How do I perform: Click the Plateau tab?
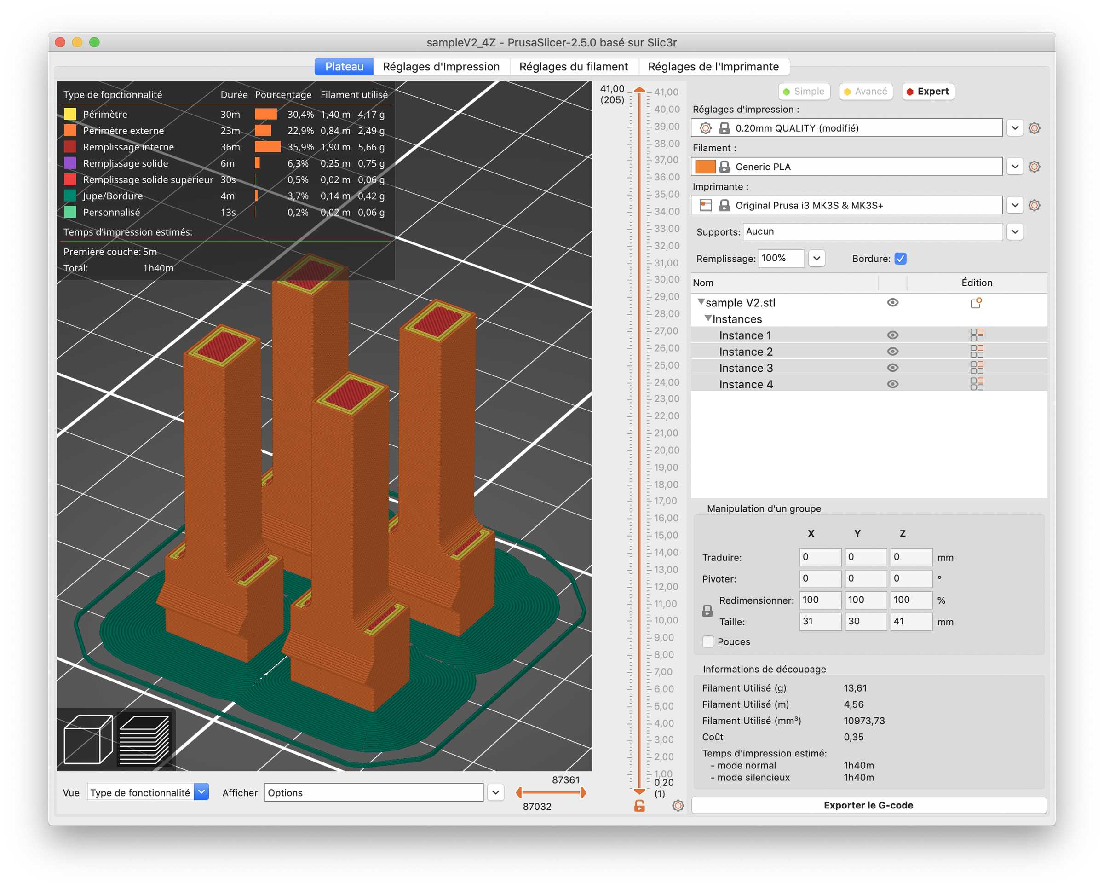pos(344,67)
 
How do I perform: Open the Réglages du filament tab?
pos(573,67)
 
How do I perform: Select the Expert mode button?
pos(927,92)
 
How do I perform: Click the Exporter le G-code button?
pos(868,805)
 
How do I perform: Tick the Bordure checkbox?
pos(900,259)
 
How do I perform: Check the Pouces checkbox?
pos(708,641)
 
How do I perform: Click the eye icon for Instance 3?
pos(892,368)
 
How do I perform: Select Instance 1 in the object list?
pos(745,335)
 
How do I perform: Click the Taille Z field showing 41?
pos(910,621)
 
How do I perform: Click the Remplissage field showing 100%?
pos(780,258)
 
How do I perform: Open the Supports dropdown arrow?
pos(1015,231)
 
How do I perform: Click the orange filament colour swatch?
pos(705,167)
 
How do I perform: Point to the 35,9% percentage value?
pos(300,147)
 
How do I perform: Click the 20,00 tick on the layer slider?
pos(666,450)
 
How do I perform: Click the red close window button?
pos(60,42)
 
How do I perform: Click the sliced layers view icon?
pos(144,739)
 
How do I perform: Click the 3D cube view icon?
pos(87,739)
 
